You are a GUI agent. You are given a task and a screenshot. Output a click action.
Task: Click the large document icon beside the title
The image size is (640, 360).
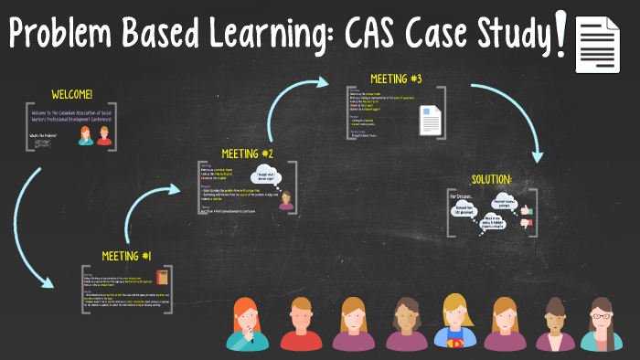[599, 42]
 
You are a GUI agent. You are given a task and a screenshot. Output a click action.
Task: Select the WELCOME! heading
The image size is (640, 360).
[72, 94]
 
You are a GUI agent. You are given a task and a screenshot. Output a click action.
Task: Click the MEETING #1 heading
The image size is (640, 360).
[127, 255]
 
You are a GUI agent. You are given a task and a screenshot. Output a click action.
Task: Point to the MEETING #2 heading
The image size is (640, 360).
[247, 154]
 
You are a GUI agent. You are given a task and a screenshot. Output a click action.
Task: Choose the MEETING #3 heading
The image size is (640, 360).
[396, 79]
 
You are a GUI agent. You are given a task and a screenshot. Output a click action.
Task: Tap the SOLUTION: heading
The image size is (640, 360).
[492, 179]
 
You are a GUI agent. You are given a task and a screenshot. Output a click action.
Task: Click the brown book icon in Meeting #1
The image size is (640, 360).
[162, 278]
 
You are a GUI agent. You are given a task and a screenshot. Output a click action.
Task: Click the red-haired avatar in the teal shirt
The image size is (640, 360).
[248, 324]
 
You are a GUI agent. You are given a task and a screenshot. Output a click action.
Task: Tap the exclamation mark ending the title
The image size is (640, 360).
[560, 32]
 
